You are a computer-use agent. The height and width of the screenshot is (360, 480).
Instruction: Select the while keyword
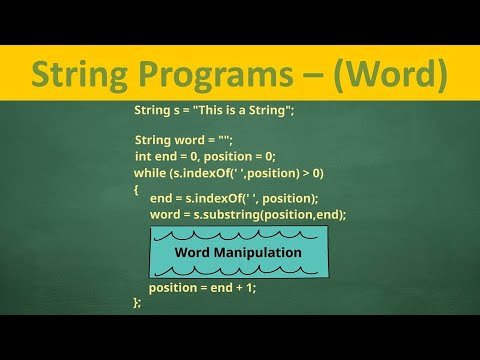point(150,172)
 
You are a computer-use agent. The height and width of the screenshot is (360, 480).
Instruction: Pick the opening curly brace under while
point(136,188)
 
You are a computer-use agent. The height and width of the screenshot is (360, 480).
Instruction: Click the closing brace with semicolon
point(137,302)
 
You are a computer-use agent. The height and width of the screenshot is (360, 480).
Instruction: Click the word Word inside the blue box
point(191,252)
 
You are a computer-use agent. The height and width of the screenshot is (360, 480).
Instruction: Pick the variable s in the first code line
point(172,109)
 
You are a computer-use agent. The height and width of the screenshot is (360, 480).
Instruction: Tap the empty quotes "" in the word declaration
point(226,141)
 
